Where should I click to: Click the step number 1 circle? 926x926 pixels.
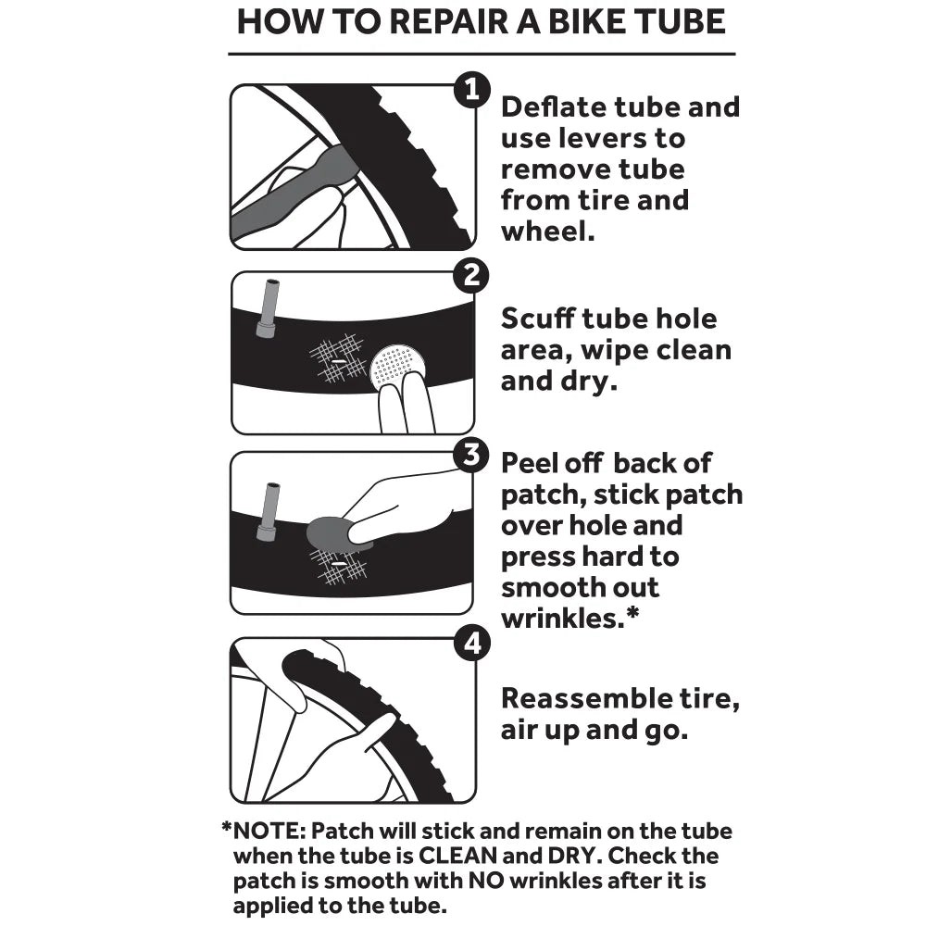(x=471, y=90)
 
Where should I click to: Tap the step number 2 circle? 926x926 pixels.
(x=472, y=275)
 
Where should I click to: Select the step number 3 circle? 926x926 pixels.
(x=472, y=454)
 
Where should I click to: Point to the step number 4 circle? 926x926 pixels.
(x=472, y=642)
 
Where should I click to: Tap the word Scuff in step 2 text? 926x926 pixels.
(x=538, y=319)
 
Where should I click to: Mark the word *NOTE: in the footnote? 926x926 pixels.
(x=265, y=832)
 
